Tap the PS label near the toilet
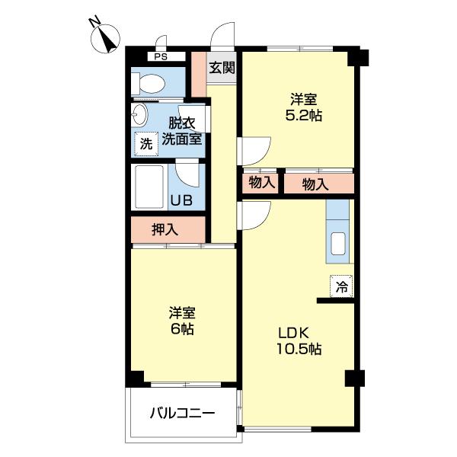[159, 56]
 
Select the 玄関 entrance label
[222, 68]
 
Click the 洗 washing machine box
[145, 142]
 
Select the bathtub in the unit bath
[151, 186]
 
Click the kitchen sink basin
[338, 244]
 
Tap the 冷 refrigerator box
[341, 288]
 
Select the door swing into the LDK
[255, 215]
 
